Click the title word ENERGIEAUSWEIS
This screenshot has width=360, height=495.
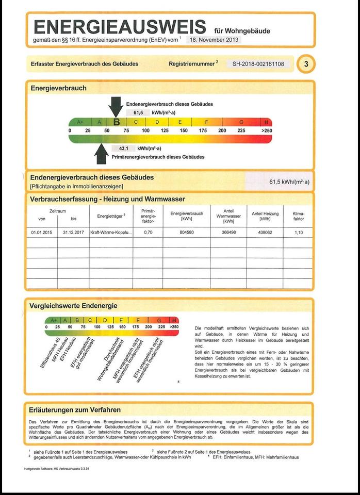click(120, 27)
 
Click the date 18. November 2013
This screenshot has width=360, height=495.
click(215, 39)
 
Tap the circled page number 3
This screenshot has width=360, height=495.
click(306, 64)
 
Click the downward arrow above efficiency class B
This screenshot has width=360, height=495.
click(116, 106)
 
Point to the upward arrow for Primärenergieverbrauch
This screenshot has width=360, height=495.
click(101, 153)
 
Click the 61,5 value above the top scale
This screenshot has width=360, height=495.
click(138, 112)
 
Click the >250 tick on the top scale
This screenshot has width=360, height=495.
click(266, 130)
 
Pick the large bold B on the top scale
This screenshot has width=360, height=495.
click(117, 122)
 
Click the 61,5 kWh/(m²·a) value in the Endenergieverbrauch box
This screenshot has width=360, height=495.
click(289, 182)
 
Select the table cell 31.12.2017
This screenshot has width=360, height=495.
click(73, 232)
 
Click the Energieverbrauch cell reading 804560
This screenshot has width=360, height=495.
click(186, 232)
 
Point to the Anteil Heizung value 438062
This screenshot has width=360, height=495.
click(265, 232)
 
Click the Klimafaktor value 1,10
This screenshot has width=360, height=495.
click(299, 232)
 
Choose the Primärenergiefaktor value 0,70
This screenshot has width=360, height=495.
click(148, 232)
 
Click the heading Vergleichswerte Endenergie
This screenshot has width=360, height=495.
click(74, 306)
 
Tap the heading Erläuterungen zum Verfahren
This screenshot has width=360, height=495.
click(75, 410)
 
